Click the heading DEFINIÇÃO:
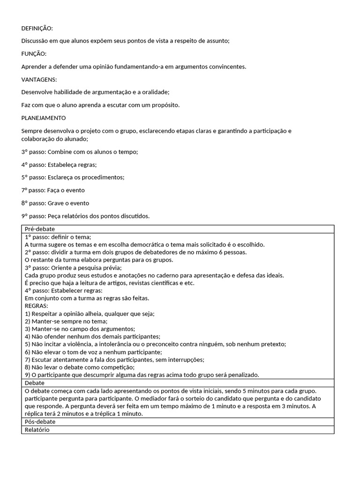(37, 28)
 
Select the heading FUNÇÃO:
(34, 54)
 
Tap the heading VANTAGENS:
(39, 80)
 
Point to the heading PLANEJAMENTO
(44, 118)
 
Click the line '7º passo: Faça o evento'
(53, 190)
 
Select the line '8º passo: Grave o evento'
(55, 203)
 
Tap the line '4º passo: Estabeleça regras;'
(59, 165)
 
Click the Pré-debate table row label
(40, 229)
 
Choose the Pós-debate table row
(40, 422)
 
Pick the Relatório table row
(37, 429)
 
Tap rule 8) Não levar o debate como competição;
(79, 367)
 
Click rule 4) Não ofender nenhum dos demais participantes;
(92, 337)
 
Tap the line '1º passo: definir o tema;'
(58, 237)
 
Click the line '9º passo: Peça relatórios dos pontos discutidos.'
(85, 216)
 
